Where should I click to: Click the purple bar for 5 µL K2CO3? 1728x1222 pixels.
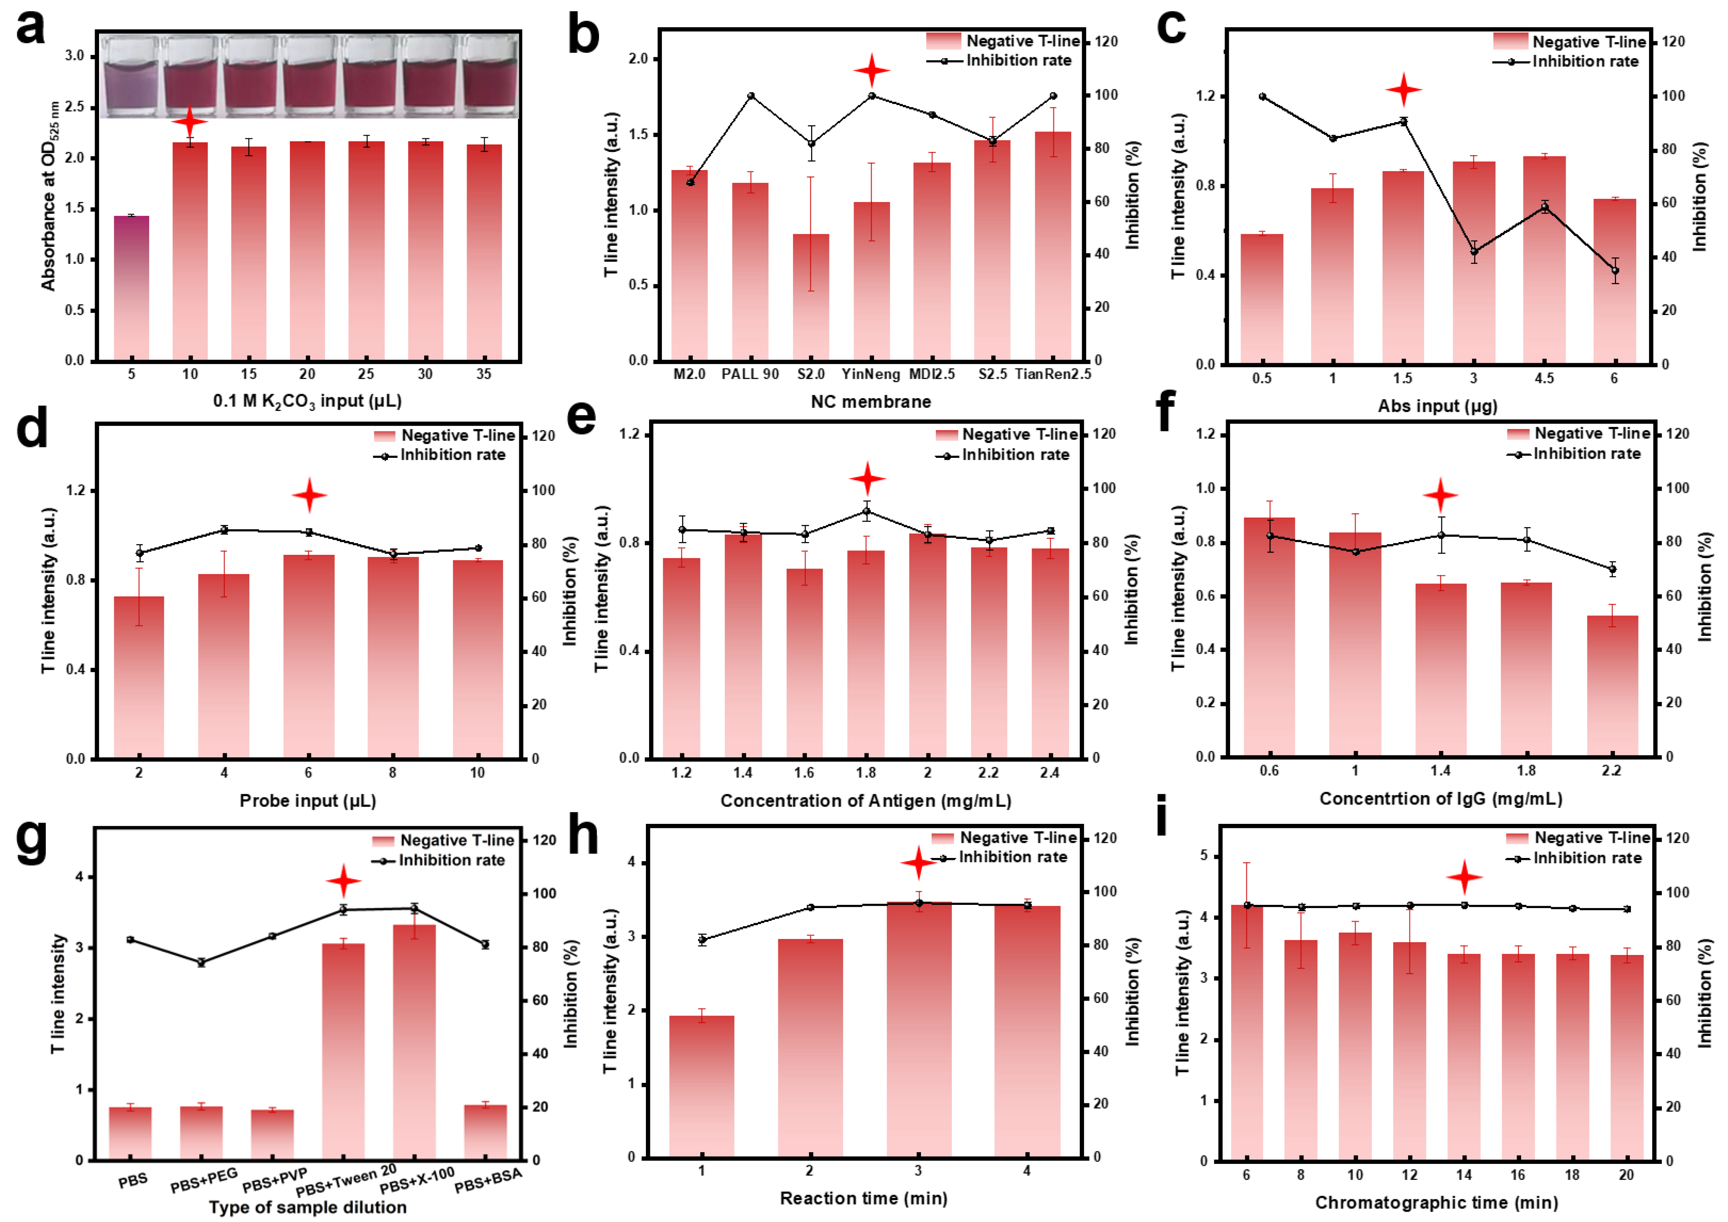coord(132,288)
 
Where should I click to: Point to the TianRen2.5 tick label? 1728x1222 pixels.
coord(1052,374)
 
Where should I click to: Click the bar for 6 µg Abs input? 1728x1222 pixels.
coord(1615,281)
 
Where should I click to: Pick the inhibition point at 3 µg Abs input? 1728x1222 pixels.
coord(1474,251)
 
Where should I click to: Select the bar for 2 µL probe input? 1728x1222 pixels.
coord(139,677)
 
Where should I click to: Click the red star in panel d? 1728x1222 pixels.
coord(310,495)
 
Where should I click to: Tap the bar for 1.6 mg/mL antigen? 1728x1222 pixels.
coord(805,663)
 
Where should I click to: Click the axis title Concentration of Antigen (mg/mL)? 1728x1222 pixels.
coord(866,801)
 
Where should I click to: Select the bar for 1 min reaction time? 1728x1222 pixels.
coord(702,1086)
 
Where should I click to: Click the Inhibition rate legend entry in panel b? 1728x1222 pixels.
coord(999,60)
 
